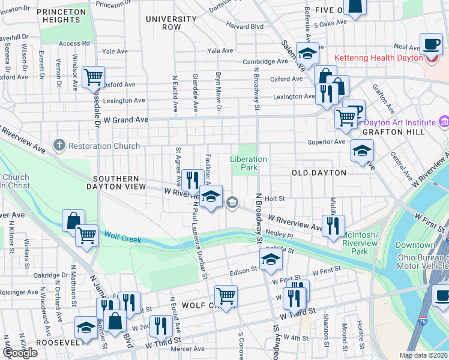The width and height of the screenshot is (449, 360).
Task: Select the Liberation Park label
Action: point(249,163)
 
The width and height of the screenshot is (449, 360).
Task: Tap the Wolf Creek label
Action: point(123,239)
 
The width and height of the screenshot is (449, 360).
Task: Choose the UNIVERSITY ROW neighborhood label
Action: point(171,23)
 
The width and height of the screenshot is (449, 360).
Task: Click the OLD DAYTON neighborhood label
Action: point(319,173)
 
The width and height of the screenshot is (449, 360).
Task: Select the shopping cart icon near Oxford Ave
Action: point(93,76)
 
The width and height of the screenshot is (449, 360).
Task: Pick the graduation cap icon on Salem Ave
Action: point(307,55)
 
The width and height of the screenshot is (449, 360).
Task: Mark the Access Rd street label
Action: point(74,43)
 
